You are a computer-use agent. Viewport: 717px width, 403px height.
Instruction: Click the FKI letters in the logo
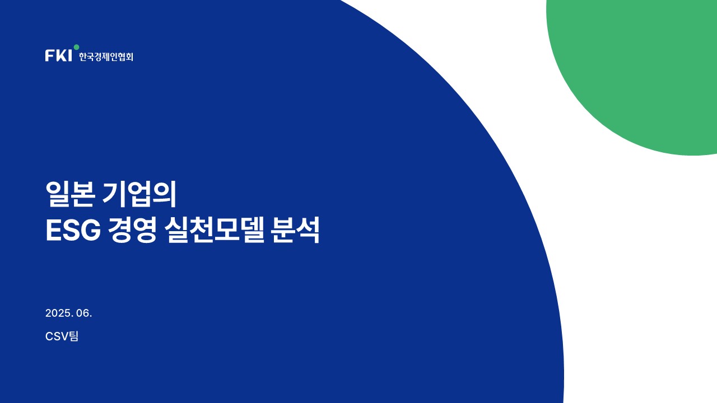(x=59, y=55)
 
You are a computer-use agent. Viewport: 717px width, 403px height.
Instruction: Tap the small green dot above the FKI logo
(x=76, y=47)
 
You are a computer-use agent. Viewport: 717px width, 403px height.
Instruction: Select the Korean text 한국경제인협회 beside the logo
(x=106, y=57)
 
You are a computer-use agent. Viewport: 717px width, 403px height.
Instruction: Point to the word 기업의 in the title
(x=139, y=194)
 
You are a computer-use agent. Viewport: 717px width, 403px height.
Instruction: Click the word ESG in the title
(x=73, y=230)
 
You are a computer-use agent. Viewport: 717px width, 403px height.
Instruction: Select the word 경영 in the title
(x=132, y=229)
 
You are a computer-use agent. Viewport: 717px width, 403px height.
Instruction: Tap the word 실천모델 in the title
(x=215, y=229)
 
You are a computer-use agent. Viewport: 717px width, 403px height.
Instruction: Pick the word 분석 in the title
(x=295, y=229)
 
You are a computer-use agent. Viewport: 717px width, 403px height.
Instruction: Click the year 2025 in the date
(x=58, y=313)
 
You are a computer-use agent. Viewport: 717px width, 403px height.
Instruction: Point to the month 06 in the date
(x=82, y=313)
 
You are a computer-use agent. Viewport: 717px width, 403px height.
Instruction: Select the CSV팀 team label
(x=62, y=336)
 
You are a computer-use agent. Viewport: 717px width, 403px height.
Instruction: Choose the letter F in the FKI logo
(x=49, y=55)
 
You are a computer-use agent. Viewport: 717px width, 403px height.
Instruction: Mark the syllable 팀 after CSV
(x=73, y=336)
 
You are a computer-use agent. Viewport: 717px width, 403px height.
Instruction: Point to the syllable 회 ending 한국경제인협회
(x=129, y=57)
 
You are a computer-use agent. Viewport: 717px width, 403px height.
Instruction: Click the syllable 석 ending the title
(x=308, y=229)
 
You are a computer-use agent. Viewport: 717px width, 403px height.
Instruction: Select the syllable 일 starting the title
(x=58, y=194)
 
